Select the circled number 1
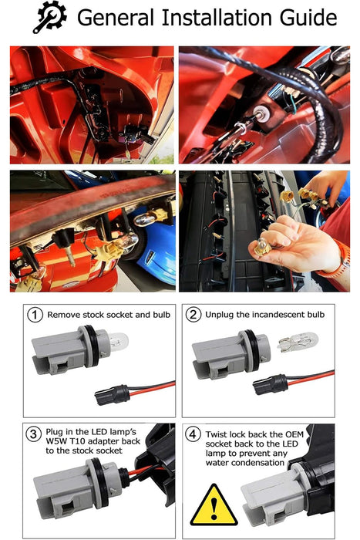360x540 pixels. (x=35, y=315)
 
